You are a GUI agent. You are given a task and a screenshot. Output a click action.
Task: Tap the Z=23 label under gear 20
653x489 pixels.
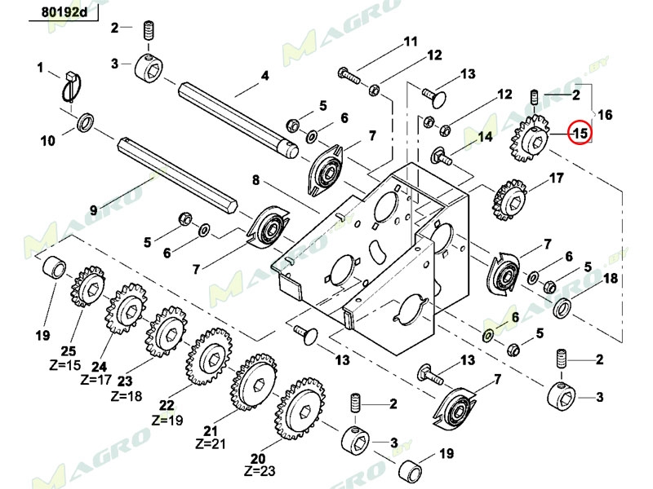[260, 471]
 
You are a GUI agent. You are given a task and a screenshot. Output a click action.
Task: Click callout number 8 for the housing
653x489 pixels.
[255, 180]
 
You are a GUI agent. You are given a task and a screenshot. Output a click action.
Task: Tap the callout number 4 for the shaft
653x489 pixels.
[264, 77]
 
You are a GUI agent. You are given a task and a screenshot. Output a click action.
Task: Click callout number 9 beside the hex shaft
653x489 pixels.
[94, 209]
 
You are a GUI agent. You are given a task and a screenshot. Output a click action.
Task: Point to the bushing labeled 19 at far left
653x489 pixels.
[54, 267]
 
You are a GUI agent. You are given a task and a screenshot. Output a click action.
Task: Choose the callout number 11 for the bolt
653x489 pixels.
[409, 42]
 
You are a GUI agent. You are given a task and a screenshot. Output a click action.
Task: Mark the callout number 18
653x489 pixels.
[610, 280]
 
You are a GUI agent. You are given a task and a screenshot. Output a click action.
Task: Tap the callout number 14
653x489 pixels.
[484, 137]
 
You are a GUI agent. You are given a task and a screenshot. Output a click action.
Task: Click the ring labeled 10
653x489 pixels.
[84, 124]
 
